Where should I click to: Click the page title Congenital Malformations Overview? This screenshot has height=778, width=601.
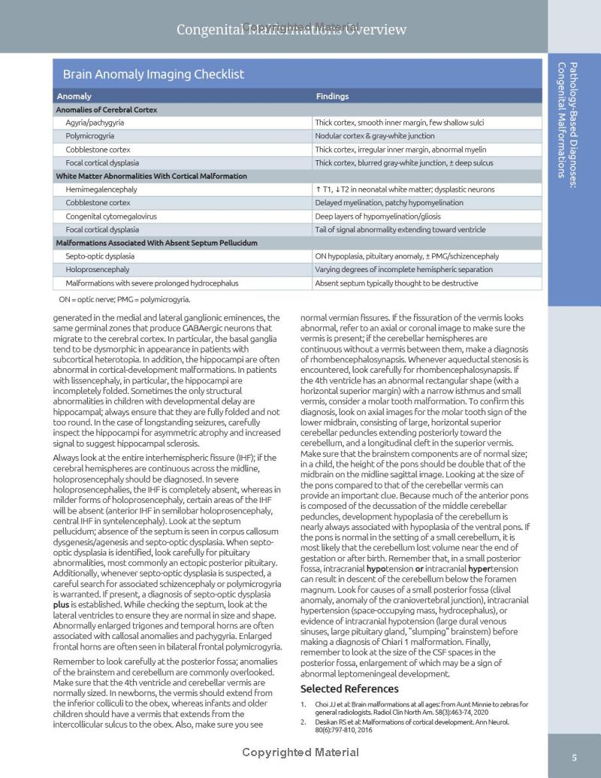pos(291,30)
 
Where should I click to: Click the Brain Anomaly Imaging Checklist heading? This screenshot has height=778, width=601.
pos(153,74)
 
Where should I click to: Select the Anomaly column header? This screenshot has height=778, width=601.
pos(74,96)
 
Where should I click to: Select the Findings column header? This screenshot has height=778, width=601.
pos(332,96)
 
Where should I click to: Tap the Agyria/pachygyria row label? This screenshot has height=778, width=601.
pos(95,123)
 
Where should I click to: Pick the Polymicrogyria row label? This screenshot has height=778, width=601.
pos(89,136)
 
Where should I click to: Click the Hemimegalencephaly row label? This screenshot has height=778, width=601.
pos(101,189)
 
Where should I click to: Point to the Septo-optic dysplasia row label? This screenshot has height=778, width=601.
pos(100,256)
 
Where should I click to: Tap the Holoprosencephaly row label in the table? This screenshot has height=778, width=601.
pos(97,269)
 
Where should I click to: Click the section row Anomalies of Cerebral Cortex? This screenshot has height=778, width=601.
pos(107,110)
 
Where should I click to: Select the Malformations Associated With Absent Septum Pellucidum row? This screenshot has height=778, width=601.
pos(156,243)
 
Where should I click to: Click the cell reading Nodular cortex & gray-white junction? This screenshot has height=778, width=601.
pos(374,136)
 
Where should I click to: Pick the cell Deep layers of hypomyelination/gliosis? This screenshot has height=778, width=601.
pos(378,216)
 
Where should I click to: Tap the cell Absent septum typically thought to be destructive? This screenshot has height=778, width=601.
pos(397,283)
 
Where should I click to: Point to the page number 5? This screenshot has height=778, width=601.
pos(574,757)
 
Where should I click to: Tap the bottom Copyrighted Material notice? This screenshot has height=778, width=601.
pos(300,752)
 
